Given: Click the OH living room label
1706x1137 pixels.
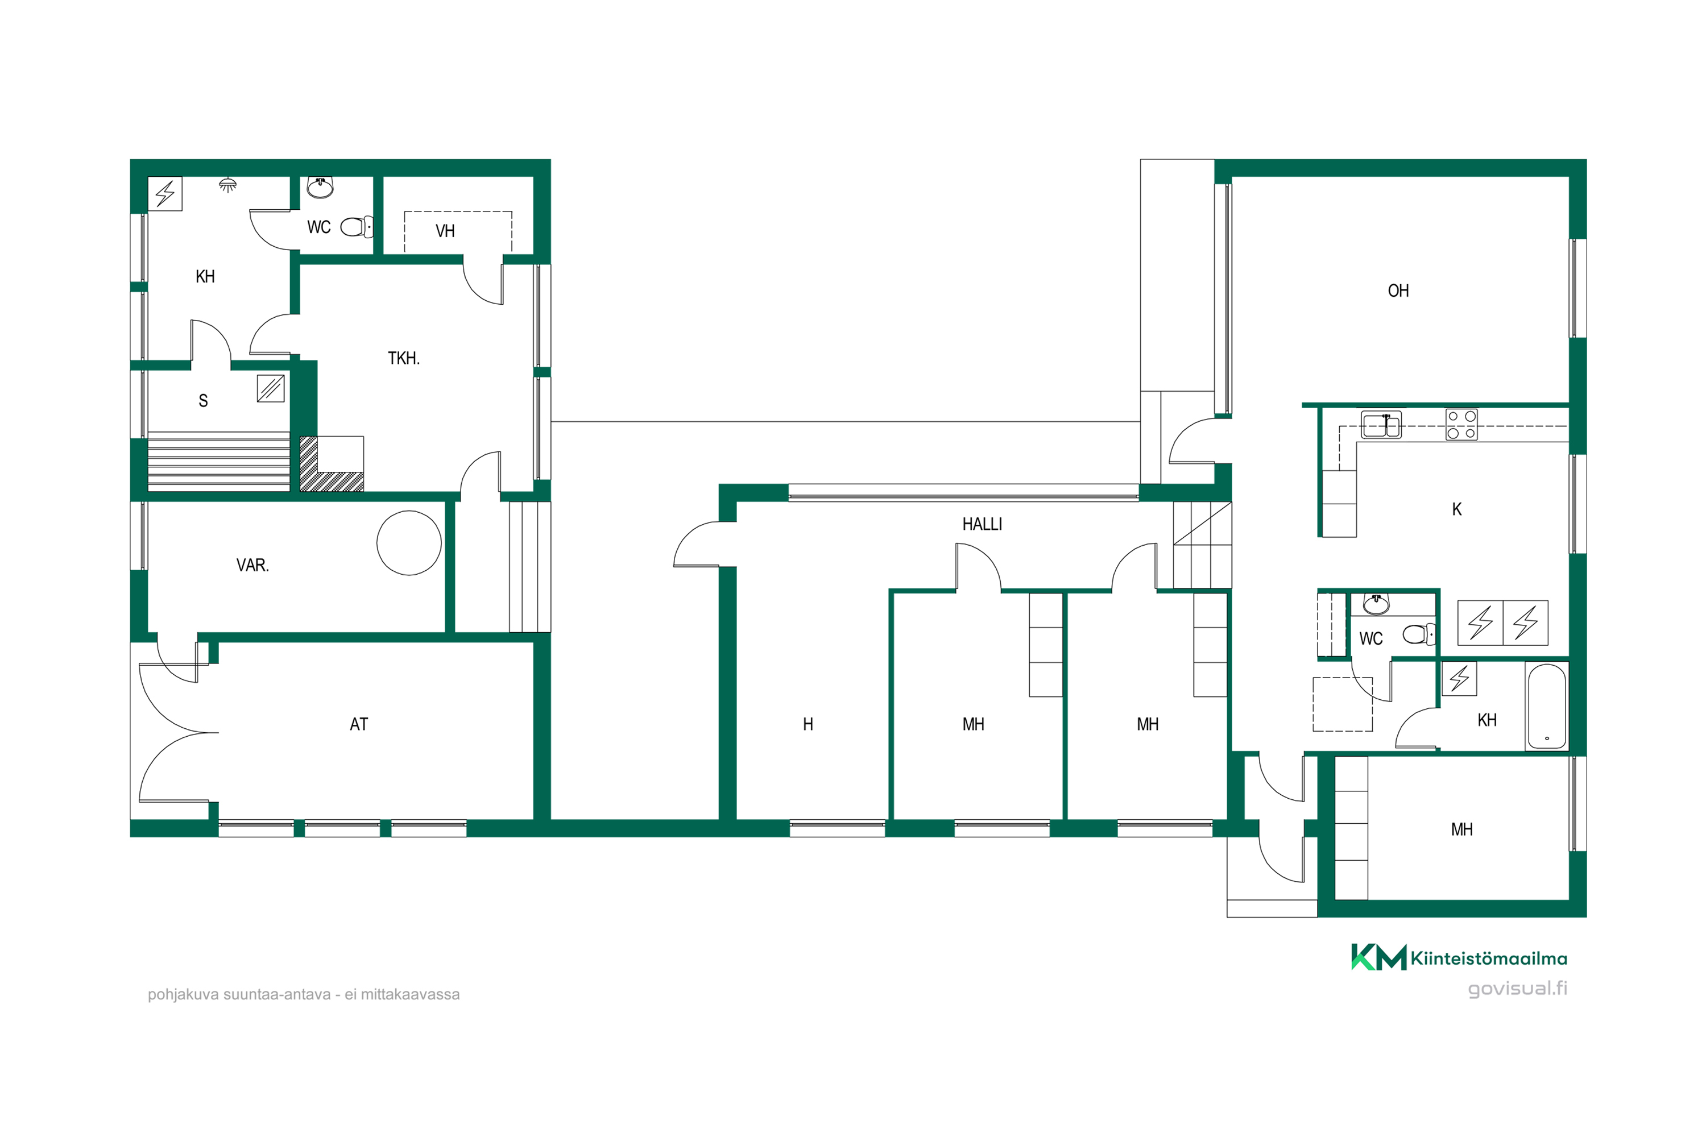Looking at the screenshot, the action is (1398, 291).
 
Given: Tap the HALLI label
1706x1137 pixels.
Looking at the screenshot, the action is (982, 524).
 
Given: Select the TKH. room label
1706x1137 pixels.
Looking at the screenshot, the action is (403, 358).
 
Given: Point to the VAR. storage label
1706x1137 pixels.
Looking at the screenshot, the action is (252, 565).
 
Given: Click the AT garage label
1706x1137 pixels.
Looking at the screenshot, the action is (358, 724).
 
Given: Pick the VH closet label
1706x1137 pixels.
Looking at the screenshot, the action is (445, 231).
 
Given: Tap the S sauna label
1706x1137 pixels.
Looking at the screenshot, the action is (203, 401).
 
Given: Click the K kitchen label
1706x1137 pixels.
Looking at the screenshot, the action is (1456, 510).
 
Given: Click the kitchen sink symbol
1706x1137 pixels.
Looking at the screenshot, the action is (1381, 424).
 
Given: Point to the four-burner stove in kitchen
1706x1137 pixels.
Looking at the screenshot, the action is (1461, 425).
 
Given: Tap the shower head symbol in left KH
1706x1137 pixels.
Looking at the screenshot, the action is (228, 185).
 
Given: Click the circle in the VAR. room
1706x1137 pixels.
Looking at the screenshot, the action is (409, 543).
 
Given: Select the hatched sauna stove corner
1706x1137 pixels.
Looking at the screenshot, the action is (331, 464).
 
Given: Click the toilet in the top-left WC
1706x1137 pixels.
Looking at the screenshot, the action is (357, 227).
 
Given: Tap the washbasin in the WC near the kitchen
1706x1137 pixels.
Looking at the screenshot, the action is (1376, 603).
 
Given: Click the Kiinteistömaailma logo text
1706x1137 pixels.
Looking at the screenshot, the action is (1488, 958).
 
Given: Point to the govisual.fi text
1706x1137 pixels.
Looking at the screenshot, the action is (1517, 989).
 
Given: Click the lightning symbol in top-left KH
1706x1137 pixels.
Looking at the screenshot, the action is (165, 194).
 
